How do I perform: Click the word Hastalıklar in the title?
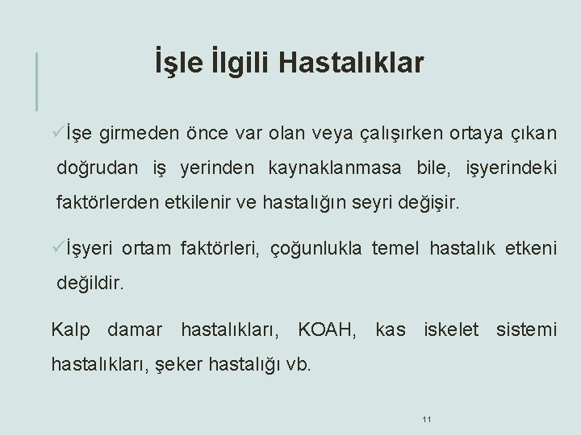[x=355, y=63]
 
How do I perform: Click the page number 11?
[x=427, y=419]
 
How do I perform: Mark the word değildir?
[x=92, y=284]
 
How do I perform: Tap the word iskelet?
[x=451, y=329]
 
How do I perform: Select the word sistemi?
[x=526, y=329]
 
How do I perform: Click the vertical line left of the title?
[x=36, y=81]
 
